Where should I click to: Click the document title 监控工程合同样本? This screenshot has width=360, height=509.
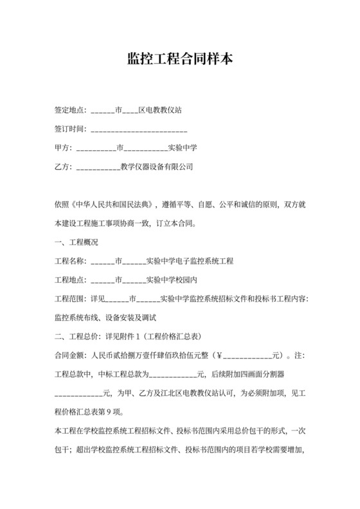pos(180,60)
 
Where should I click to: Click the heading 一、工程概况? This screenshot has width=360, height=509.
pos(78,243)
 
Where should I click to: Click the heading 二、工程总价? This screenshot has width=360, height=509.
pos(78,336)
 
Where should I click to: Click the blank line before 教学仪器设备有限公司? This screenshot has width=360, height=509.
pos(98,168)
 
